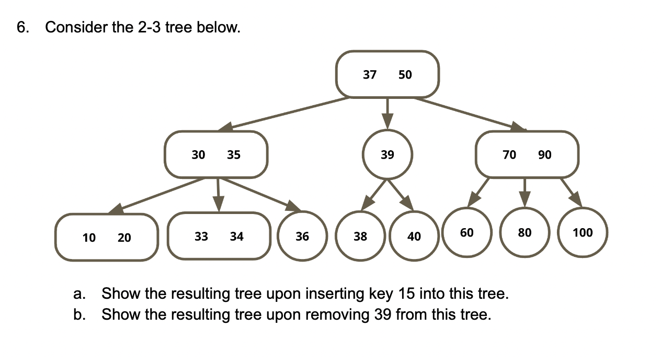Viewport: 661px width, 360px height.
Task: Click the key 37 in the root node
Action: pyautogui.click(x=370, y=75)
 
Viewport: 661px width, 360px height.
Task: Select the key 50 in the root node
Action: pyautogui.click(x=405, y=75)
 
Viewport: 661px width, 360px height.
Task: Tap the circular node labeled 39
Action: pyautogui.click(x=388, y=154)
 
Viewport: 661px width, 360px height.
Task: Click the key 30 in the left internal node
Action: pyautogui.click(x=198, y=155)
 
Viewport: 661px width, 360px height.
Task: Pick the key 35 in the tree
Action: pyautogui.click(x=233, y=155)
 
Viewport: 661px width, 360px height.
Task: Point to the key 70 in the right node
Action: pyautogui.click(x=509, y=155)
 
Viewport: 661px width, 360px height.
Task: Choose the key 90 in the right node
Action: pyautogui.click(x=544, y=155)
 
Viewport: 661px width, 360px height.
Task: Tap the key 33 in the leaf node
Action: pyautogui.click(x=201, y=237)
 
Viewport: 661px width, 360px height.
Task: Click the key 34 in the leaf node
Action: pyautogui.click(x=236, y=237)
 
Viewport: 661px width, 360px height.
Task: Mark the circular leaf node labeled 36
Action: pyautogui.click(x=302, y=237)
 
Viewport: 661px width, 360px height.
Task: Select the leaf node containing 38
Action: pyautogui.click(x=360, y=237)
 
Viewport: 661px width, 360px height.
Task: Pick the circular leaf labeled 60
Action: pyautogui.click(x=467, y=232)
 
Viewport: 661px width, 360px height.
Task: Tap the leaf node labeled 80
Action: pyautogui.click(x=525, y=232)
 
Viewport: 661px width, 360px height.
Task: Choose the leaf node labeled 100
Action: pyautogui.click(x=583, y=232)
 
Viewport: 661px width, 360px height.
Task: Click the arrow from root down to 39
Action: pyautogui.click(x=387, y=113)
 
